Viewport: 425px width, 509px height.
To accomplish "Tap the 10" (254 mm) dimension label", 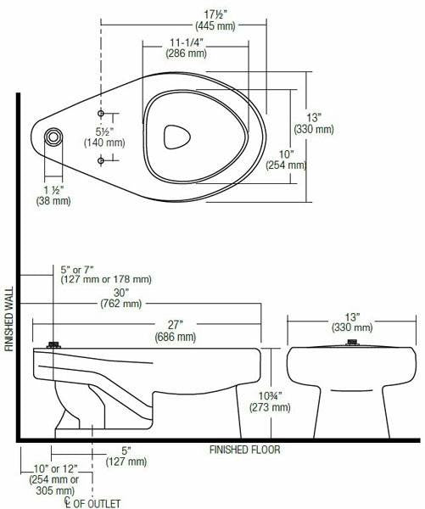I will click(x=285, y=159).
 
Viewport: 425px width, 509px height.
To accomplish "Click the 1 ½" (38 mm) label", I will click(x=53, y=195).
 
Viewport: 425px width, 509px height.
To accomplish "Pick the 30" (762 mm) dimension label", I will click(x=120, y=297).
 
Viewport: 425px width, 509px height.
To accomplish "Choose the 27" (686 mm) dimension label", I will click(x=176, y=331).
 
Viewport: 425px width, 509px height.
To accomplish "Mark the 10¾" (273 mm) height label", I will click(x=270, y=400).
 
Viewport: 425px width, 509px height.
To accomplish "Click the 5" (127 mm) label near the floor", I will click(x=126, y=456).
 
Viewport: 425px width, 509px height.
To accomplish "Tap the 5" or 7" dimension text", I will click(x=105, y=274).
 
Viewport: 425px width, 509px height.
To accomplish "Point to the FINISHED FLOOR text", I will click(x=244, y=450).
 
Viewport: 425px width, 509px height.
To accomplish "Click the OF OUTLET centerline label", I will click(x=93, y=502).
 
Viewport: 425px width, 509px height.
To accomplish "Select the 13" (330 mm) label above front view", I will click(x=351, y=322).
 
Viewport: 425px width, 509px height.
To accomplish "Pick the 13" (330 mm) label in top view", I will click(x=313, y=123).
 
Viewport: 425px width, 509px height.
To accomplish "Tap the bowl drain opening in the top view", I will click(x=176, y=136).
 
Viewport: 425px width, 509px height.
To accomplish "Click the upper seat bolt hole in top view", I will click(x=101, y=113).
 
